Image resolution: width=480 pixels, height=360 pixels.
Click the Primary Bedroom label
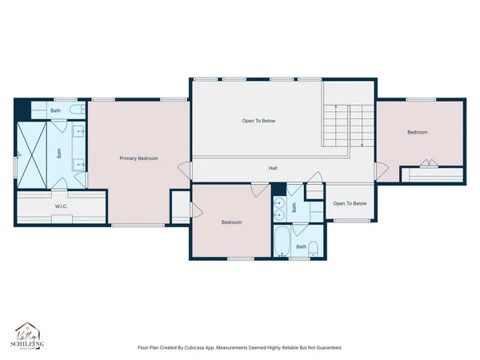(x=138, y=158)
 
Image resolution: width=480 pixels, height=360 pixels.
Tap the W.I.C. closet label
(x=61, y=207)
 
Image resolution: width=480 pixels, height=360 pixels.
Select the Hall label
(x=272, y=168)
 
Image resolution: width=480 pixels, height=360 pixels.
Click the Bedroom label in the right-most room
(x=417, y=132)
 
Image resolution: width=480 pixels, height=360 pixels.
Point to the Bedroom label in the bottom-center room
(x=231, y=222)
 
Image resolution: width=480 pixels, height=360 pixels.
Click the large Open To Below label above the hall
(x=258, y=121)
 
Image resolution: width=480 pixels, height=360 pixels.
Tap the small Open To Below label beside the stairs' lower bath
(x=350, y=203)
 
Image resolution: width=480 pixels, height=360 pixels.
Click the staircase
(x=343, y=126)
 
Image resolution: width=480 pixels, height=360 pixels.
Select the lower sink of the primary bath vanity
(x=79, y=165)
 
